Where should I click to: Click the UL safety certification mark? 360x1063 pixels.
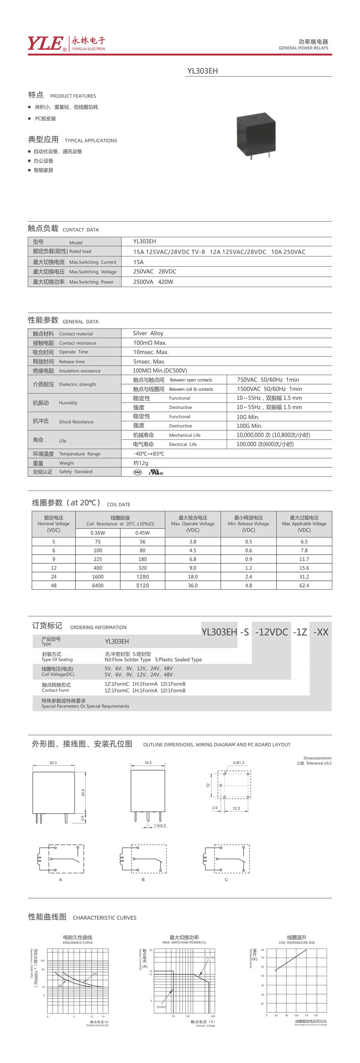[x=156, y=472]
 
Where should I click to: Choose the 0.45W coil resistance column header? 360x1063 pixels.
[x=142, y=533]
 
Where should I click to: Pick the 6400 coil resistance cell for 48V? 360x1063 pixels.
[x=98, y=585]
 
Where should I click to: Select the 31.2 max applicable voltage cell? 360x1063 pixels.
[x=304, y=577]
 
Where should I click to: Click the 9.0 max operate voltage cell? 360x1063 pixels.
[x=193, y=568]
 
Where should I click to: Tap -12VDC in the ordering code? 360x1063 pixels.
[x=271, y=632]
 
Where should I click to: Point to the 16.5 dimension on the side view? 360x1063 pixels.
[x=148, y=763]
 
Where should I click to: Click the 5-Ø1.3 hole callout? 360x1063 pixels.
[x=238, y=763]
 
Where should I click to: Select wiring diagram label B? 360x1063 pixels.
[x=143, y=879]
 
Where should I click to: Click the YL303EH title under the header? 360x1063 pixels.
[x=202, y=71]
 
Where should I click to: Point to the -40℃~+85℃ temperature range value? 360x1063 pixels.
[x=149, y=453]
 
